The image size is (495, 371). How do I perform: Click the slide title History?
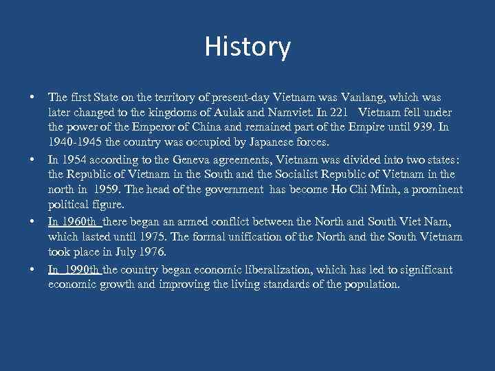click(x=247, y=47)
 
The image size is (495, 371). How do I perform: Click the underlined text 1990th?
click(x=81, y=269)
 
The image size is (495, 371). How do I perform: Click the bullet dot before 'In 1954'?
click(x=32, y=159)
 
